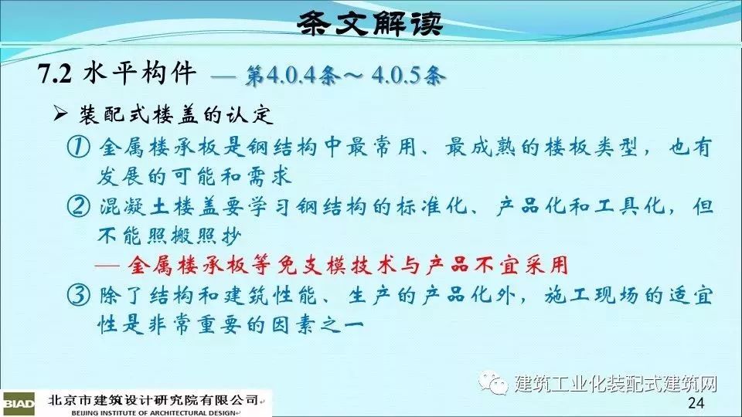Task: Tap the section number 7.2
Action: pyautogui.click(x=54, y=74)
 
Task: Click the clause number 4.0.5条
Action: pyautogui.click(x=408, y=76)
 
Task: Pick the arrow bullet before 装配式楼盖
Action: pyautogui.click(x=60, y=114)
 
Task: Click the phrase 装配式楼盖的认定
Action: pyautogui.click(x=176, y=114)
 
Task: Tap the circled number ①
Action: pyautogui.click(x=78, y=147)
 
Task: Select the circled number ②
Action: pyautogui.click(x=78, y=207)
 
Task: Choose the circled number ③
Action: pyautogui.click(x=78, y=296)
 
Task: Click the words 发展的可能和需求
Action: pyautogui.click(x=195, y=177)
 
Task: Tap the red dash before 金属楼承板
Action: pyautogui.click(x=107, y=266)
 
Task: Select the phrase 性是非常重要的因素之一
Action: pyautogui.click(x=230, y=325)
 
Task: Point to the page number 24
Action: pyautogui.click(x=696, y=403)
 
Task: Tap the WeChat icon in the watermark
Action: pyautogui.click(x=492, y=381)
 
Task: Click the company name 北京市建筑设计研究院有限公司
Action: pyautogui.click(x=152, y=400)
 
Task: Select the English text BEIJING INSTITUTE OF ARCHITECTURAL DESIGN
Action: pyautogui.click(x=153, y=412)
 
